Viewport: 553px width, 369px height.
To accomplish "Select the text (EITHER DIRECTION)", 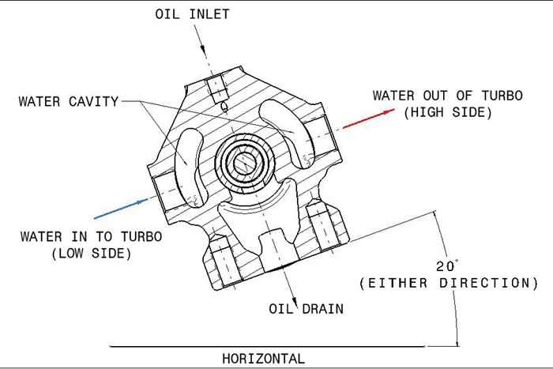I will click(x=448, y=282).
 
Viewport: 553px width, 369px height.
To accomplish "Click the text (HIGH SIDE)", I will click(x=447, y=113).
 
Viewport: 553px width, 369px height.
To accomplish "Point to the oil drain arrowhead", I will click(x=294, y=304).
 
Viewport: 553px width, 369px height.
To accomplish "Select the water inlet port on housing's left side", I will click(x=162, y=190).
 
